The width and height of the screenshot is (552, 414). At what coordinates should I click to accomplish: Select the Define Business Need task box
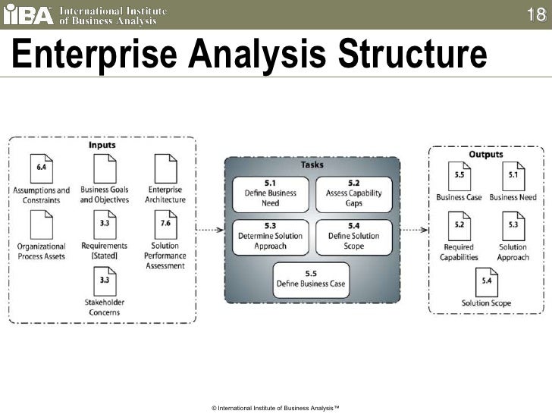click(270, 193)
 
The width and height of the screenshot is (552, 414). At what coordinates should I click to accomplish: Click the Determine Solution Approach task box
click(270, 235)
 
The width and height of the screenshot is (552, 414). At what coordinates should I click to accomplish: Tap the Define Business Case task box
click(311, 279)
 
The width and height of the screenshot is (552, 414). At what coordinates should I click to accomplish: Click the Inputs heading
click(102, 144)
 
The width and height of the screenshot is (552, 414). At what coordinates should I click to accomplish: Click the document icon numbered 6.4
click(42, 168)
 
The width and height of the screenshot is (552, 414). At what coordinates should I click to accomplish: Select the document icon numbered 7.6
click(165, 224)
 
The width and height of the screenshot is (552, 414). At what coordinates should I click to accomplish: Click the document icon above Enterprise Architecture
click(165, 168)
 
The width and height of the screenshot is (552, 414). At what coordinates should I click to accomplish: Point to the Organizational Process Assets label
click(42, 251)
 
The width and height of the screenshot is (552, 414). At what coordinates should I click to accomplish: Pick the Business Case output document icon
click(459, 177)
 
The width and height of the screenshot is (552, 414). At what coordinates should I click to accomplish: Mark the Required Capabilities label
click(459, 252)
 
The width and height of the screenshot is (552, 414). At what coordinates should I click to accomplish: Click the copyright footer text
click(275, 408)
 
